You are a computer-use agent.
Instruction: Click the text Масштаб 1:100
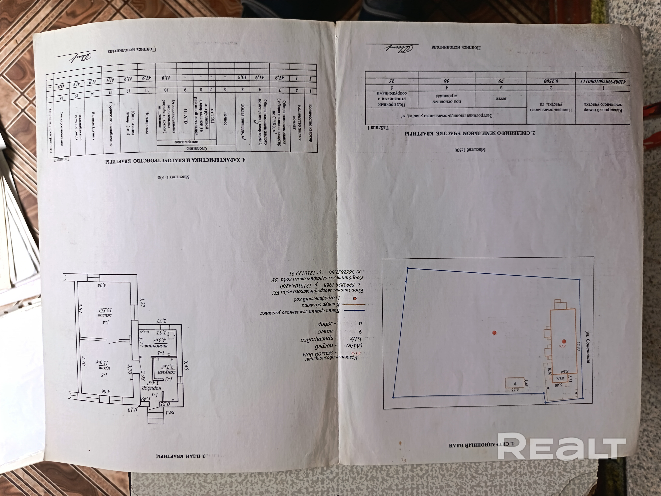point(174,177)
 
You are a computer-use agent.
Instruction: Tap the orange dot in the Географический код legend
point(355,298)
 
